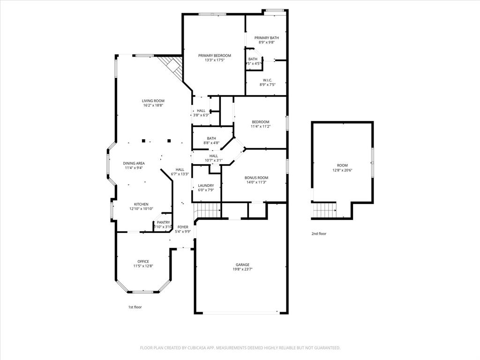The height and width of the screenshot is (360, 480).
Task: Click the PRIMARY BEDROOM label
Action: point(215,55)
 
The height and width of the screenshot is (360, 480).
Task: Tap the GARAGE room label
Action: point(242,265)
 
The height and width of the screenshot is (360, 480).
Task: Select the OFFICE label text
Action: point(143,262)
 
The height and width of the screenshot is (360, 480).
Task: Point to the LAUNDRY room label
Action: point(206,186)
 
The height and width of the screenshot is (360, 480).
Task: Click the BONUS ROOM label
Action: point(256,178)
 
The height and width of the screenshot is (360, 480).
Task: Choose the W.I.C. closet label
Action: point(268,80)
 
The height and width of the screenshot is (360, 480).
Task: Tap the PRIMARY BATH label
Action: point(267,37)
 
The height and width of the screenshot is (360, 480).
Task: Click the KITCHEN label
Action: point(141,204)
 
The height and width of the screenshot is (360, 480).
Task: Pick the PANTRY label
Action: point(163,222)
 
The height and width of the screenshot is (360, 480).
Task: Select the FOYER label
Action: point(182,227)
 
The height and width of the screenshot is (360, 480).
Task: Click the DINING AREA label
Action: point(134,163)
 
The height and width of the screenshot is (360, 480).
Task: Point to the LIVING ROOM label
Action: point(153,101)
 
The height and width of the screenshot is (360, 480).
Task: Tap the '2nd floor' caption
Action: point(319,233)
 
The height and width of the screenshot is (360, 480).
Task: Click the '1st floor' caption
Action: point(135,307)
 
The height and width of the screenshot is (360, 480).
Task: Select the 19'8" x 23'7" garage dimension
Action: point(242,270)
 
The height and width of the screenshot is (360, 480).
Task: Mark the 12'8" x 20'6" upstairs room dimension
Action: point(342,170)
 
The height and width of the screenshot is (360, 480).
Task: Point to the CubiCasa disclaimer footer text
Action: point(240,348)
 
